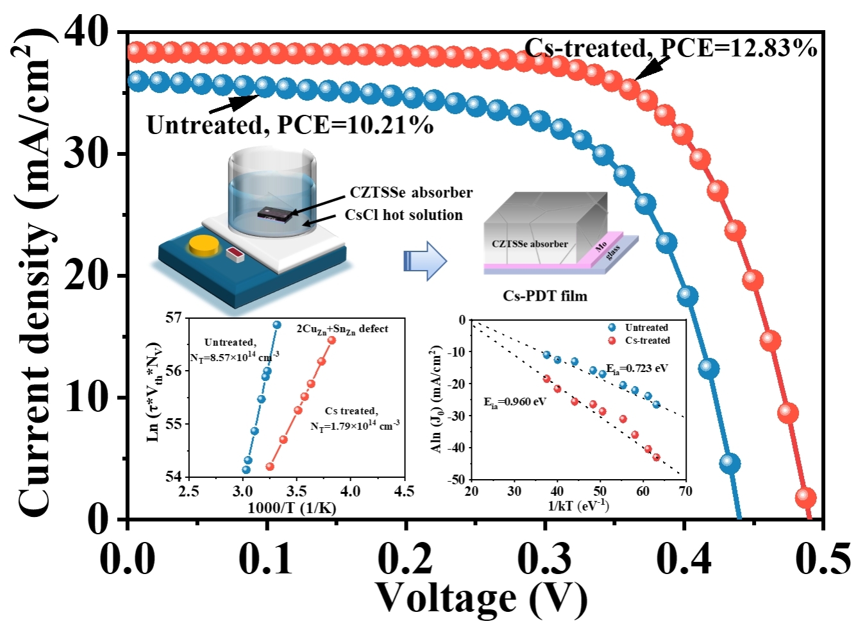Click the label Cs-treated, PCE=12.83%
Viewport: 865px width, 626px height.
671,48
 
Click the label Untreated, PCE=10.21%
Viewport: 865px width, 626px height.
290,125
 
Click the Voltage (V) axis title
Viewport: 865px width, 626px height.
481,598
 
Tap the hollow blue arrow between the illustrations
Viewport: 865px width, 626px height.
424,260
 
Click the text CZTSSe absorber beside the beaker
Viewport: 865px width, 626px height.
411,193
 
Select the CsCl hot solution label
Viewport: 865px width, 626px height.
403,215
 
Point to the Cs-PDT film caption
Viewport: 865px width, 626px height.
544,296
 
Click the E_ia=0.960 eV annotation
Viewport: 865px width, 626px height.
515,402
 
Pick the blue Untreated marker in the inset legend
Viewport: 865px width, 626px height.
612,328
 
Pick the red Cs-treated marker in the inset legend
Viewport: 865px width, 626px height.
612,341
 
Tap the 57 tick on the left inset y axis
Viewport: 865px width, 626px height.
173,318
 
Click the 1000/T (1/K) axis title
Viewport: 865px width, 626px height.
292,508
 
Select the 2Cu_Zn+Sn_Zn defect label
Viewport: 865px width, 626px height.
342,329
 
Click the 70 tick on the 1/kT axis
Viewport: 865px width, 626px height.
685,491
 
